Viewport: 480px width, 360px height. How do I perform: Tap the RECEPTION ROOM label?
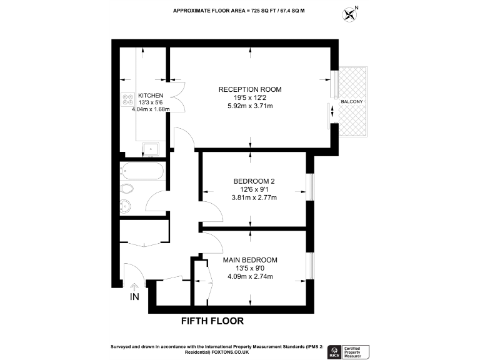click(249, 89)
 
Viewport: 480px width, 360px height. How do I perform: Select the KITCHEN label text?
click(151, 95)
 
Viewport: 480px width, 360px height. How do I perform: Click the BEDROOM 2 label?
click(250, 181)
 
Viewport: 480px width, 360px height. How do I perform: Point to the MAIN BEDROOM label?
click(250, 259)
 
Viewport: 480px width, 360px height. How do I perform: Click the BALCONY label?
click(352, 101)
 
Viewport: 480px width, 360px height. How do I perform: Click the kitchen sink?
click(151, 149)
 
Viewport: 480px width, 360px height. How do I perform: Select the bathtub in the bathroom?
click(142, 171)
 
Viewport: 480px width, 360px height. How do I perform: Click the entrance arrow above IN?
click(133, 288)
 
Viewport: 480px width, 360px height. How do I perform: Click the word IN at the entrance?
click(134, 297)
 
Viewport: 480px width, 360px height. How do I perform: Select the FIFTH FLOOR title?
click(212, 321)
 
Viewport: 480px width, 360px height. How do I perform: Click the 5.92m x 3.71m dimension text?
click(249, 106)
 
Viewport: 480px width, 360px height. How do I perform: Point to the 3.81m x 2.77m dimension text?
click(250, 197)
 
